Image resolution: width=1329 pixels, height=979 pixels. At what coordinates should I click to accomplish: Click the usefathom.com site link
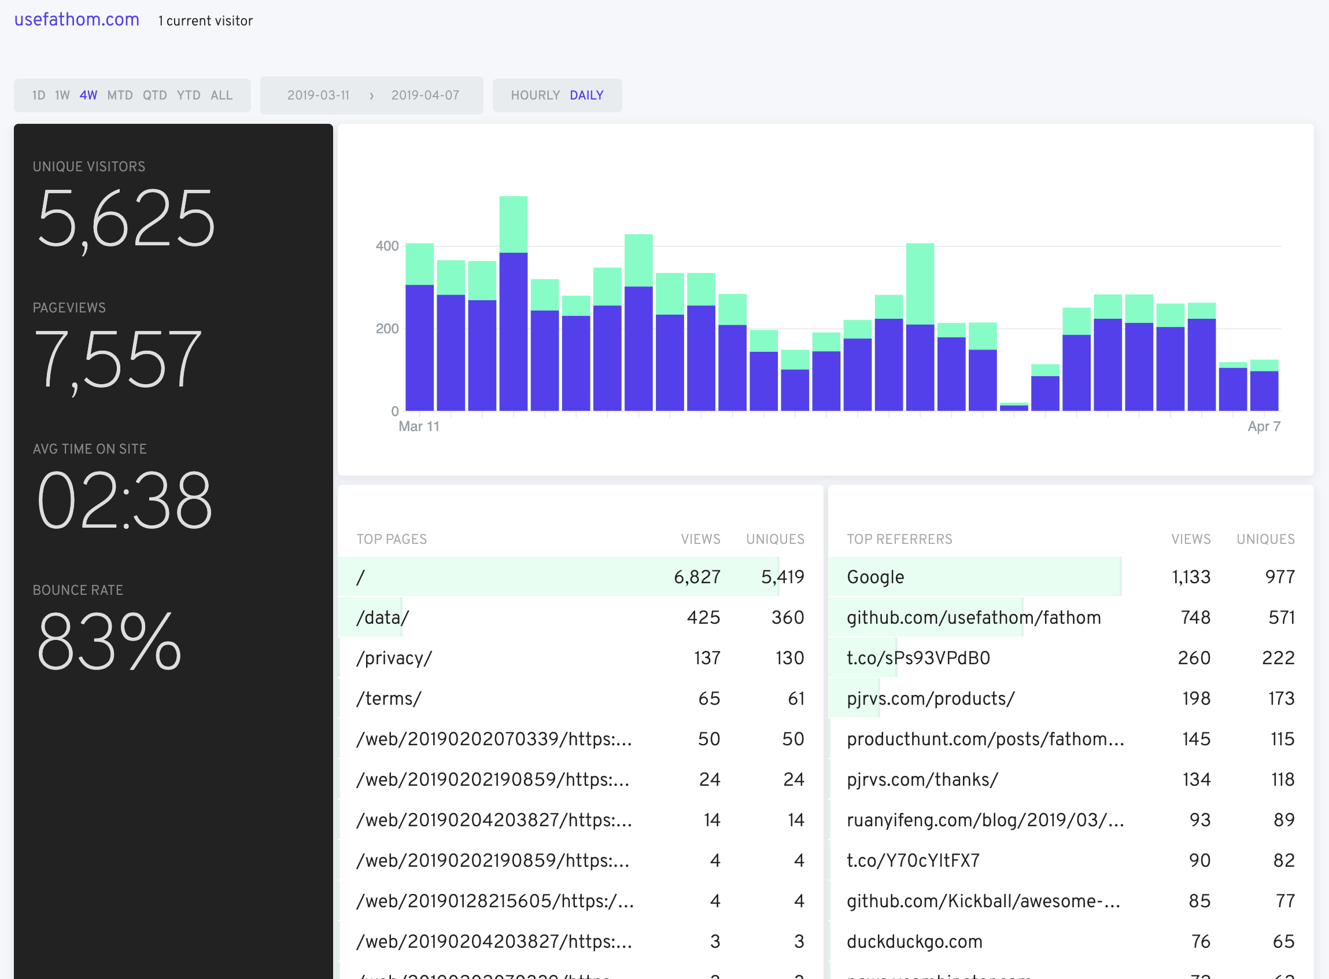(x=76, y=20)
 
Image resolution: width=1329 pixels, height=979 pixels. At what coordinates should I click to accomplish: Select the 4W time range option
(x=88, y=95)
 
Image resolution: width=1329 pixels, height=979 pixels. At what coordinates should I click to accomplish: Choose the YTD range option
(x=189, y=95)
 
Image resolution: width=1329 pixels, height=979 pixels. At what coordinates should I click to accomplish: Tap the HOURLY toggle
(x=535, y=95)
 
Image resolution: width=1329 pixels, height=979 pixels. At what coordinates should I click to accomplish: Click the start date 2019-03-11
(x=318, y=95)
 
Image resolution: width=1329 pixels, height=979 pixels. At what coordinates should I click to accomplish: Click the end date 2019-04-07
(x=424, y=95)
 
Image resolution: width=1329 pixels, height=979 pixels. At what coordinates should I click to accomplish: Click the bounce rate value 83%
(x=109, y=642)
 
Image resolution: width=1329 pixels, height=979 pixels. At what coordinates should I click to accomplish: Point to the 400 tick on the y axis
(x=387, y=246)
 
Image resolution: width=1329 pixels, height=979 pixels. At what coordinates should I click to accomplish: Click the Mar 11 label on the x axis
(x=419, y=426)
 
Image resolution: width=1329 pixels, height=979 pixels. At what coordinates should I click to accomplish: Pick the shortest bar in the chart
(x=1013, y=407)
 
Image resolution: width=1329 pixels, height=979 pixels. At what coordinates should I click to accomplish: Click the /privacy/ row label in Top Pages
(x=394, y=658)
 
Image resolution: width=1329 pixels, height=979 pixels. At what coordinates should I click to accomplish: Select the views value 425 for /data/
(x=703, y=617)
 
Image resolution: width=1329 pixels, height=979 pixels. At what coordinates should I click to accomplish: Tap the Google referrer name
(x=875, y=577)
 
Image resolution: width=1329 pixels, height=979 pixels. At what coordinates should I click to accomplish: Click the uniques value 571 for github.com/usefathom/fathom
(x=1281, y=617)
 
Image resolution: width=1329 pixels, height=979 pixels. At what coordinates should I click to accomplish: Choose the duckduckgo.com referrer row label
(x=914, y=941)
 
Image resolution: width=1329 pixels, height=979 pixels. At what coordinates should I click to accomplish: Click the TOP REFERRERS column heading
(x=899, y=539)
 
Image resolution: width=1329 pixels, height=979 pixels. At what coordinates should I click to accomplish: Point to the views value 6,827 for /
(x=696, y=577)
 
